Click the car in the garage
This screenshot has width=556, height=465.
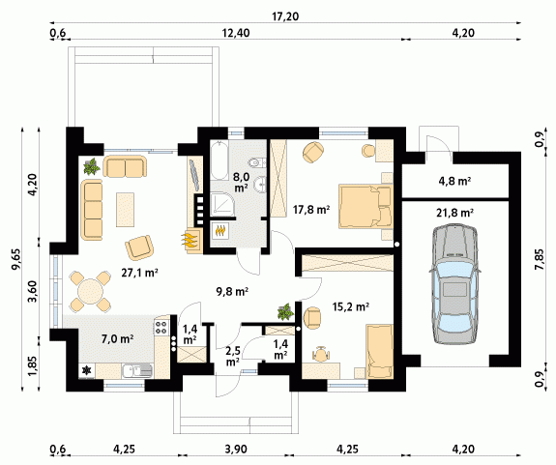point(454,283)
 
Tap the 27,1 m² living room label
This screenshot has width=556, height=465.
point(139,273)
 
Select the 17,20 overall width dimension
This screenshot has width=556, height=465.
point(285,15)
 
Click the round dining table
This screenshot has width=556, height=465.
point(91,291)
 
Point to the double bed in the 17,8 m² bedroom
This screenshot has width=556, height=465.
point(366,206)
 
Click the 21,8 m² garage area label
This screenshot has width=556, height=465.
point(454,213)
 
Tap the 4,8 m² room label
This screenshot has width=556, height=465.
point(454,181)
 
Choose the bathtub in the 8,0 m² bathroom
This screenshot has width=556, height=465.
point(219,160)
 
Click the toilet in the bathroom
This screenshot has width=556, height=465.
point(257,162)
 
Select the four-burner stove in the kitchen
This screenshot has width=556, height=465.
point(161,327)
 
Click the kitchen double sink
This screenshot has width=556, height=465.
point(137,371)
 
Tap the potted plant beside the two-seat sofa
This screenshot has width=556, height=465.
point(92,166)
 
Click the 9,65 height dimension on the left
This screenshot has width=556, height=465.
point(15,259)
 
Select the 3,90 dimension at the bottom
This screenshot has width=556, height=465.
point(236,450)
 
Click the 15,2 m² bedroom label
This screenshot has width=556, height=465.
point(351,306)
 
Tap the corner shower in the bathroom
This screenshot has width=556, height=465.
point(223,205)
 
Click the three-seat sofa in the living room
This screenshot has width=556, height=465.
point(93,210)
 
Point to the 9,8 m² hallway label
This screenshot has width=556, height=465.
point(232,291)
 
